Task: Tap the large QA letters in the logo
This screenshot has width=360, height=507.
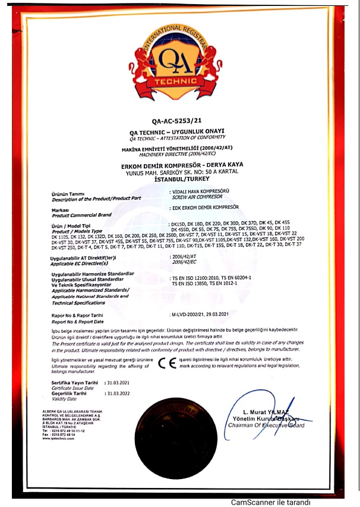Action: click(176, 61)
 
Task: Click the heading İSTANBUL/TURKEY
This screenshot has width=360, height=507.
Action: click(176, 177)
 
